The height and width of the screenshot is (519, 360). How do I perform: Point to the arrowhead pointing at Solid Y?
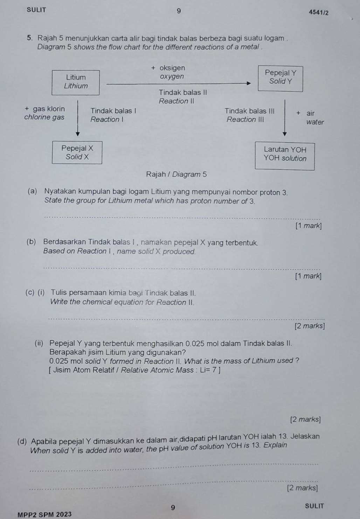(x=249, y=83)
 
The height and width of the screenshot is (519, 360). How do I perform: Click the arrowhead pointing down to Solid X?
(x=78, y=134)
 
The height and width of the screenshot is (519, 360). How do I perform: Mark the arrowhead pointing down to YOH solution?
(x=285, y=134)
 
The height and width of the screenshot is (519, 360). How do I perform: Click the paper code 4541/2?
(x=319, y=13)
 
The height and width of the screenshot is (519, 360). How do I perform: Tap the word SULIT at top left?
(x=36, y=10)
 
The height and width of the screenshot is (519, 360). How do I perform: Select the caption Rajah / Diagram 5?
(x=176, y=174)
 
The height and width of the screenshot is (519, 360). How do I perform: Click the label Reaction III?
(x=245, y=120)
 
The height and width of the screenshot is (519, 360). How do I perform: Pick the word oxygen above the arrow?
(x=172, y=76)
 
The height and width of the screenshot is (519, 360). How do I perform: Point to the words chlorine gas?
(x=44, y=117)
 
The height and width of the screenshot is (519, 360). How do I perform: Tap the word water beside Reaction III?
(x=315, y=122)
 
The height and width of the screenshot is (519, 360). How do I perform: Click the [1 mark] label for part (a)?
(x=309, y=226)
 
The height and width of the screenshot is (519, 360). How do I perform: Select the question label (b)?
(x=31, y=242)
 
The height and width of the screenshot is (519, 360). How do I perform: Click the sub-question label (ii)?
(x=39, y=343)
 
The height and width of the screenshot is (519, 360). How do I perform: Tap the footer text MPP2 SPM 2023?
(x=44, y=514)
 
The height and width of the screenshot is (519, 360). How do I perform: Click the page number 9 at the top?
(x=179, y=11)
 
